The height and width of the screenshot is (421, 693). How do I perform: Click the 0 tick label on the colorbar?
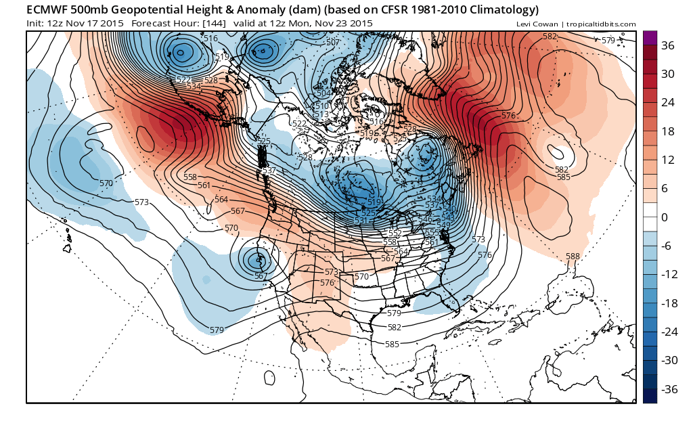pyautogui.click(x=665, y=217)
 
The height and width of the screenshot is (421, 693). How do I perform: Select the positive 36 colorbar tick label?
pyautogui.click(x=668, y=45)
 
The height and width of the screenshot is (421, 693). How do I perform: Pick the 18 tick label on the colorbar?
pyautogui.click(x=668, y=131)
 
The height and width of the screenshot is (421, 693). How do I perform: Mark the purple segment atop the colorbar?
pyautogui.click(x=650, y=38)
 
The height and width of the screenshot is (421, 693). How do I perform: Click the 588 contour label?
pyautogui.click(x=573, y=257)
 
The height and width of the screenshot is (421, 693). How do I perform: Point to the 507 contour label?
pyautogui.click(x=332, y=43)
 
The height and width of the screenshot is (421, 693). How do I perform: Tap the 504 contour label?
pyautogui.click(x=324, y=93)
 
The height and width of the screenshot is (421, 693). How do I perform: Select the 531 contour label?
pyautogui.click(x=361, y=221)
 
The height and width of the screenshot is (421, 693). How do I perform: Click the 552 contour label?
pyautogui.click(x=395, y=233)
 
